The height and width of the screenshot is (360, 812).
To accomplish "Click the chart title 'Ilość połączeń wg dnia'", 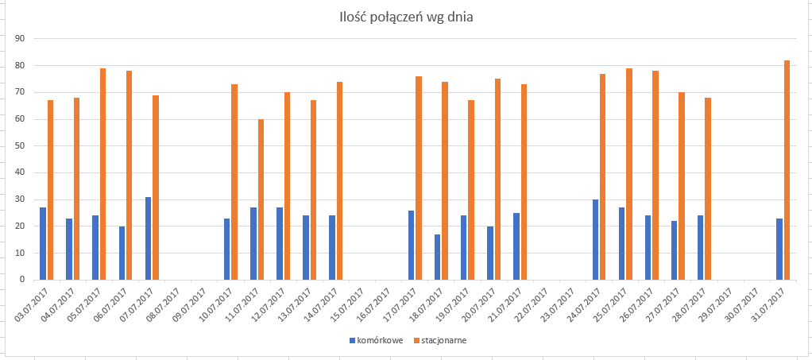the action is click(x=406, y=17).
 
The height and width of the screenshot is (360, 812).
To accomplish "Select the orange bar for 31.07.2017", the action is click(x=787, y=170).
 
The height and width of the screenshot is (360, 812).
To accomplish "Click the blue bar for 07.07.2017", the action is click(x=148, y=238).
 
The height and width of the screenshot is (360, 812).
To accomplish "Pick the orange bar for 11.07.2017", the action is click(x=261, y=200).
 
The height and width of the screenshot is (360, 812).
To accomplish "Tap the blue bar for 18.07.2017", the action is click(x=438, y=257).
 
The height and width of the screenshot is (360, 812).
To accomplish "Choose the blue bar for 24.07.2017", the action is click(x=596, y=240).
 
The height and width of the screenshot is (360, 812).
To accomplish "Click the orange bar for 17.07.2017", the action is click(x=419, y=178).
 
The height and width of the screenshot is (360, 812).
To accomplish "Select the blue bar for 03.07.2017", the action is click(x=43, y=244).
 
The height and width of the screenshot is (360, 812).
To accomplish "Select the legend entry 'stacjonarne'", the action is click(x=440, y=340).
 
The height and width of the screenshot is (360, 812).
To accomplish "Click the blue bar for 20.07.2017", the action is click(x=490, y=254).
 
